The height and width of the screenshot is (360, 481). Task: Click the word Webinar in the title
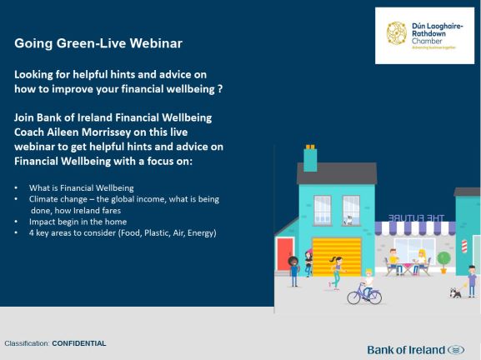point(156,43)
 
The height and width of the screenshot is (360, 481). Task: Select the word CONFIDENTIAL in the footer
point(79,343)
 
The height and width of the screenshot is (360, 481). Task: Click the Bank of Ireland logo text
point(406,350)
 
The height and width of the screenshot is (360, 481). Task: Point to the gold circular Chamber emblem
point(397,33)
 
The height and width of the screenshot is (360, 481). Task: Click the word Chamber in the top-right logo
point(427,41)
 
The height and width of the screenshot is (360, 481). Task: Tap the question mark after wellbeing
point(220,89)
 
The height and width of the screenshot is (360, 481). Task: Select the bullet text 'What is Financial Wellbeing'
point(82,188)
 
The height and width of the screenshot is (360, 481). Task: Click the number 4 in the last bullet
point(32,233)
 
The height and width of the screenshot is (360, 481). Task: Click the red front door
point(284,254)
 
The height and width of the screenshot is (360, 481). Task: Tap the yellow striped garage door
point(337,257)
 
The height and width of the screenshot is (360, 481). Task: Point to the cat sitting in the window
point(348,221)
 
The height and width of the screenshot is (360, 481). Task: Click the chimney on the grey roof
point(310,158)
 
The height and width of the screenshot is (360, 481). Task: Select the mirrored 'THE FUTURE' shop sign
point(416,218)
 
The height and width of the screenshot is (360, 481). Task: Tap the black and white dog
point(455,292)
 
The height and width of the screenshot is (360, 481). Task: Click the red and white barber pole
point(464,246)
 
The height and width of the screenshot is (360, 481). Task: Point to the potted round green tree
point(443,262)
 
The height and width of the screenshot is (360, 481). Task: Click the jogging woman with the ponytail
point(337,272)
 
